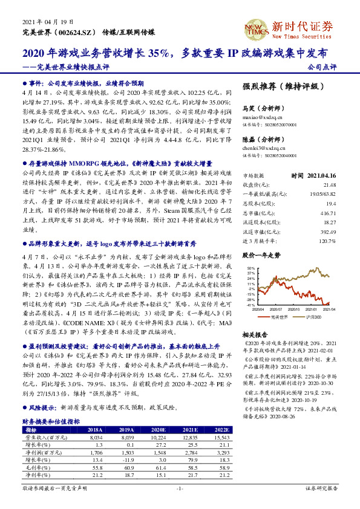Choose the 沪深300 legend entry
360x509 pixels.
click(x=310, y=317)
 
